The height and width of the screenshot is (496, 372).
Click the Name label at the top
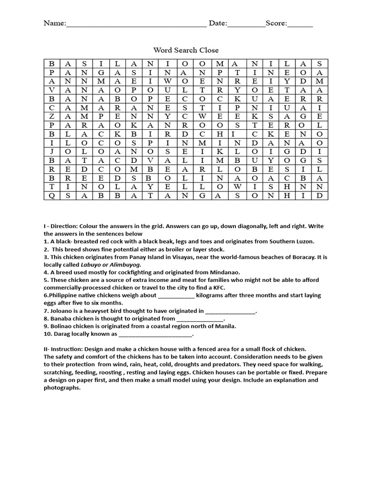coord(54,23)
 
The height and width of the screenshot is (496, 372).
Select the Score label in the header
coord(276,23)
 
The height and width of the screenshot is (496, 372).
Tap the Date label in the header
coord(217,23)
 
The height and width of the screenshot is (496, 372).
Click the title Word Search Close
coord(186,50)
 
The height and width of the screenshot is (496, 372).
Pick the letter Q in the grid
coord(52,196)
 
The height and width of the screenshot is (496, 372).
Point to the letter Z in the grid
coord(52,116)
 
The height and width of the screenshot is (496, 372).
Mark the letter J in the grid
coord(52,151)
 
